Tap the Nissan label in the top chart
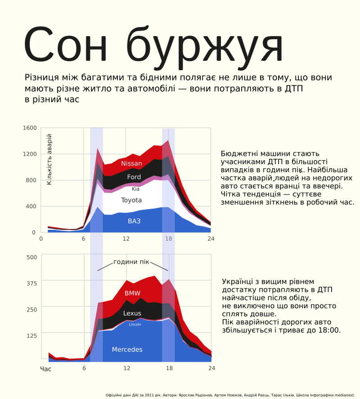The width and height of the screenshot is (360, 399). [x=132, y=164]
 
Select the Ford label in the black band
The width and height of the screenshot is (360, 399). [x=134, y=177]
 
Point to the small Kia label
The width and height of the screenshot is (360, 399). [x=135, y=189]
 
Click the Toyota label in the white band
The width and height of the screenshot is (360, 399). [x=131, y=200]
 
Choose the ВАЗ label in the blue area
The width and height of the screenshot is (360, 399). [x=134, y=221]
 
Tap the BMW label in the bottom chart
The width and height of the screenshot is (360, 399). [x=132, y=293]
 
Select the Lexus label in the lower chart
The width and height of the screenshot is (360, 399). [x=132, y=314]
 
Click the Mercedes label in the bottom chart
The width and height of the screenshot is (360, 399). [x=127, y=350]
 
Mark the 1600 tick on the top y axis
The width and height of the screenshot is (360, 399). [x=29, y=128]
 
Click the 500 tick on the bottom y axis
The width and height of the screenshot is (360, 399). [x=31, y=257]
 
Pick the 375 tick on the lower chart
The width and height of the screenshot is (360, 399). [x=31, y=283]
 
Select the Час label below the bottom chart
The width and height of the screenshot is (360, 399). [x=45, y=369]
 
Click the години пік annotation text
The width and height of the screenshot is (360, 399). [x=131, y=262]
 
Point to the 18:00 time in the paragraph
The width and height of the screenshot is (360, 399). [x=331, y=330]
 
